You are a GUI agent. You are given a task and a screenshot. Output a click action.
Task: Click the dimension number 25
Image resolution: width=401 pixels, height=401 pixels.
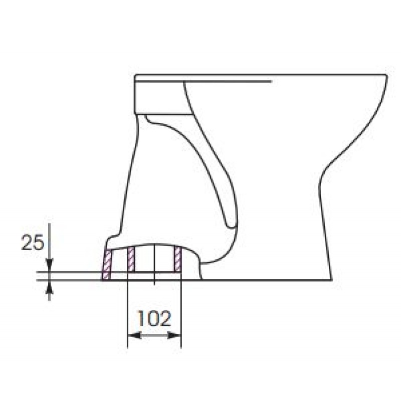point(33,243)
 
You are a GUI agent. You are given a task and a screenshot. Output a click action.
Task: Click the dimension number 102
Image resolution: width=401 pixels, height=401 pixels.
point(154,318)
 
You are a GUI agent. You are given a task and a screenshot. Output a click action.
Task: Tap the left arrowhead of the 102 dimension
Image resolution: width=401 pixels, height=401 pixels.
point(134,335)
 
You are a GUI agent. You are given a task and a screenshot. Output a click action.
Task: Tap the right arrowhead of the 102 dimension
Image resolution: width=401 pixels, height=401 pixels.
point(174,335)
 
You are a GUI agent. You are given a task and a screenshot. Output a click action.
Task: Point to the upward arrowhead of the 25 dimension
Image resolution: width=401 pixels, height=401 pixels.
point(49,287)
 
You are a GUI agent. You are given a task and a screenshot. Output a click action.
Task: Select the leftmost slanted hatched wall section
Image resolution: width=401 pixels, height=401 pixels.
point(107,265)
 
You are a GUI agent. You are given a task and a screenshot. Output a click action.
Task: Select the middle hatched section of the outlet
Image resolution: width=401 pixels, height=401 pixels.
point(131,259)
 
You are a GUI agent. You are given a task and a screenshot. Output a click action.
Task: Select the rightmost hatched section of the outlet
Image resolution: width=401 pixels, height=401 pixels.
point(177,259)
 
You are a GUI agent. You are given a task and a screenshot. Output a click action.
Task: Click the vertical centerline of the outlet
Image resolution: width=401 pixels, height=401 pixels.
point(154,264)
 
